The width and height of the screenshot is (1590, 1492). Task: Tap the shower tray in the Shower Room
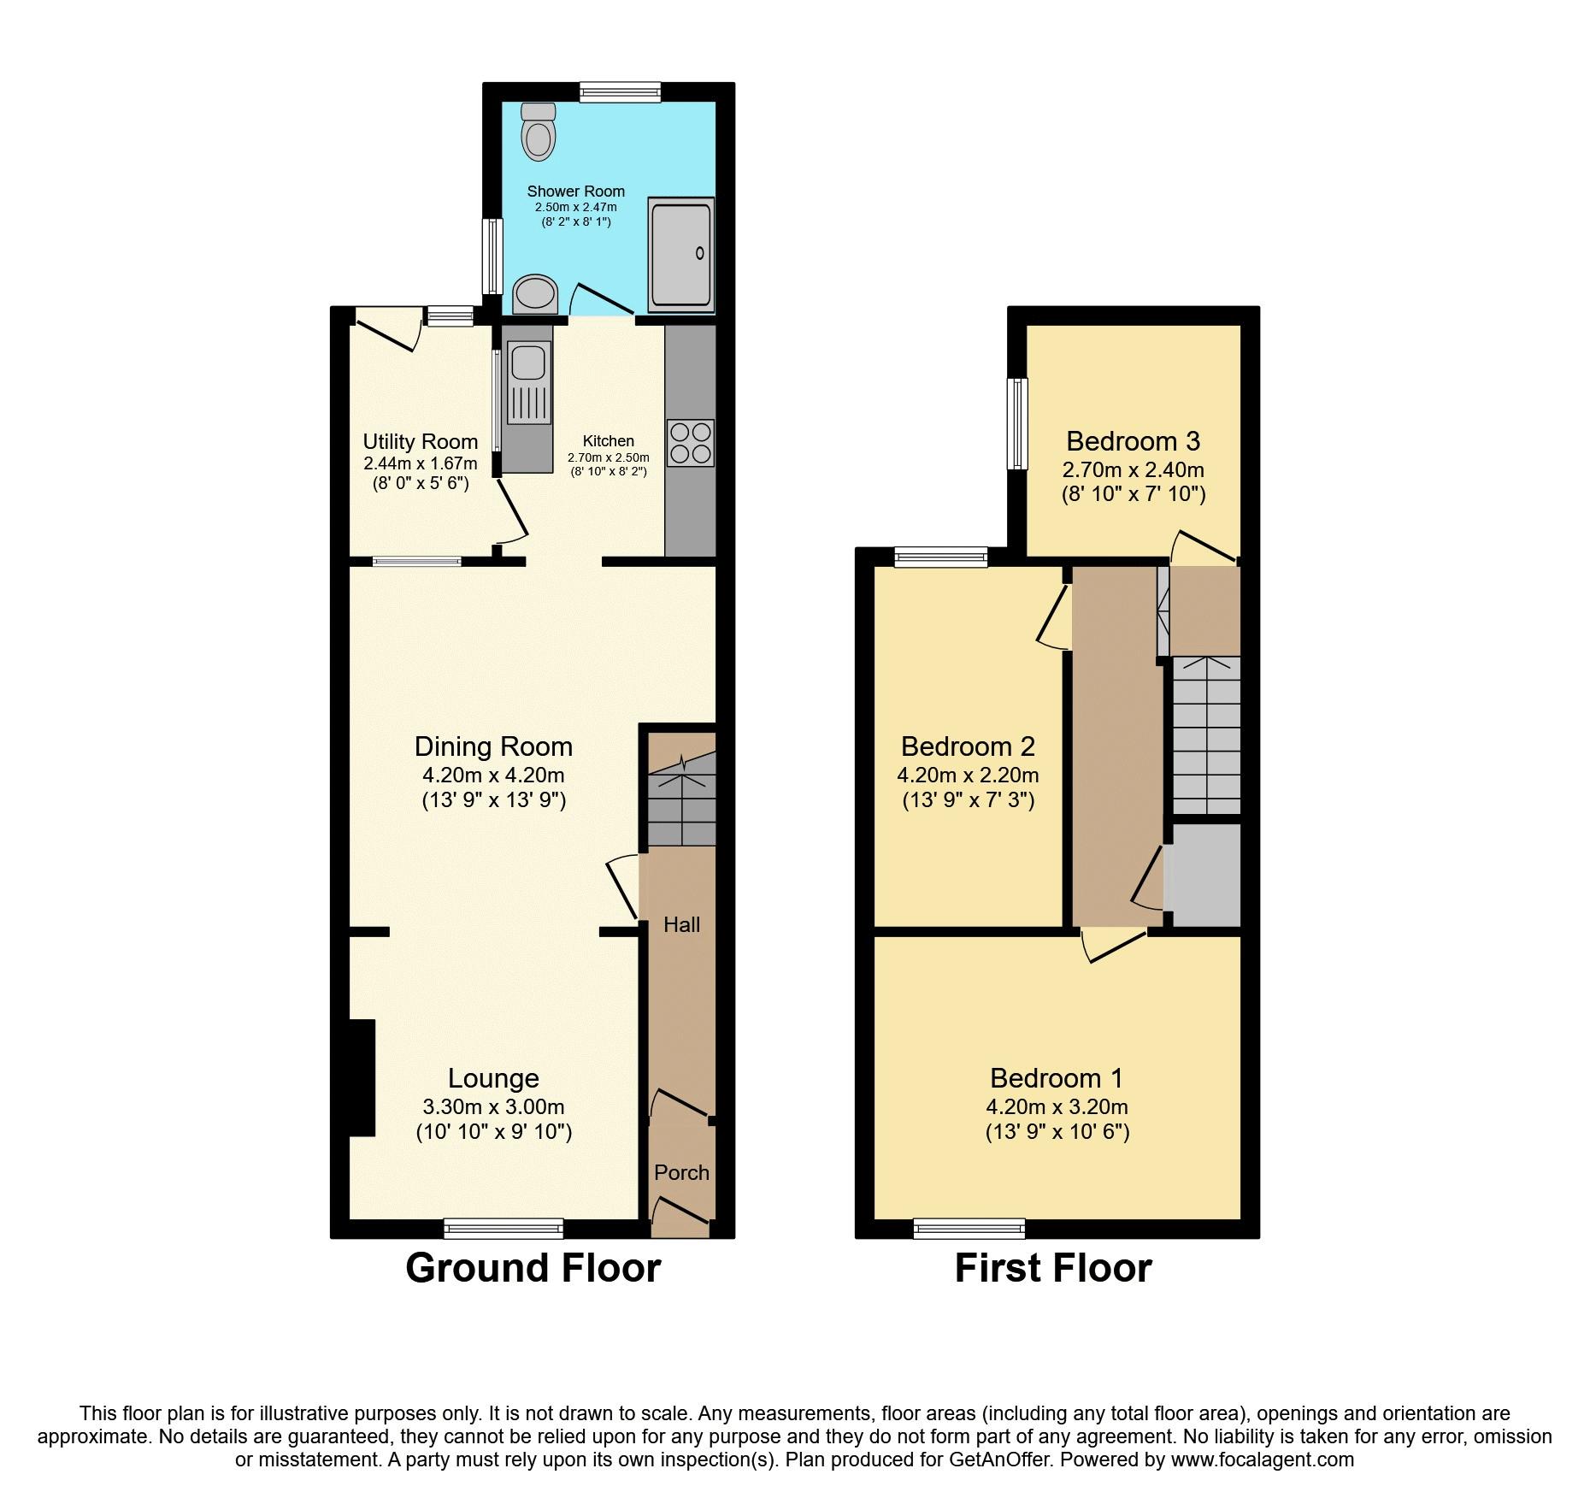681,255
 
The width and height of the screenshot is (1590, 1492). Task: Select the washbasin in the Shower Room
536,294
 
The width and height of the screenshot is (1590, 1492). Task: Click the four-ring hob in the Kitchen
690,443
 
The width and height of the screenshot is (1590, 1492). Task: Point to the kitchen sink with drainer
528,382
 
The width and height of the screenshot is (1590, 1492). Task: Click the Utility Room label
421,441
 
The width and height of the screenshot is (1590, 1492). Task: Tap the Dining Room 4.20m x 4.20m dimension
494,775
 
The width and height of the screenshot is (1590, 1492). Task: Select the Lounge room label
494,1078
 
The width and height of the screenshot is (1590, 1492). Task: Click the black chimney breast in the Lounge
362,1077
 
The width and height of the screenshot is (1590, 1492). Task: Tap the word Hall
681,924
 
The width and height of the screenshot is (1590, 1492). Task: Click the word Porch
681,1172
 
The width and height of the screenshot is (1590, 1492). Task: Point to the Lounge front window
503,1229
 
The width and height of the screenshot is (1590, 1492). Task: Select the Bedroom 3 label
1134,441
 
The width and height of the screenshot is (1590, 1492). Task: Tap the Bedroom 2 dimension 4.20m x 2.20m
968,775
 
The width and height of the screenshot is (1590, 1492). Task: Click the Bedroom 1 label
1057,1078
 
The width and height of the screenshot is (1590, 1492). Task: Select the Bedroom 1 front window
969,1229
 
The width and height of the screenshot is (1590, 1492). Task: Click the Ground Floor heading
533,1268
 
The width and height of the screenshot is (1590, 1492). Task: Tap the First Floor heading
1053,1268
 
